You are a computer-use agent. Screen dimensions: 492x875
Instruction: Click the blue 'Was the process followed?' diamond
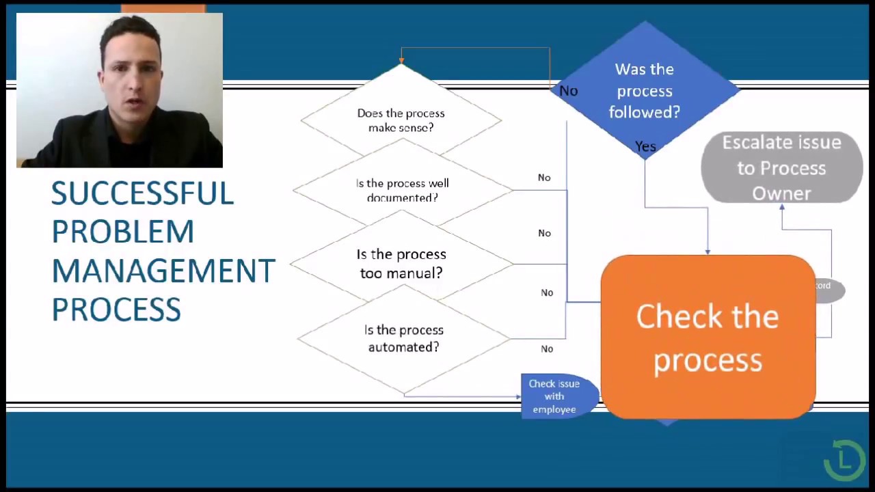click(644, 90)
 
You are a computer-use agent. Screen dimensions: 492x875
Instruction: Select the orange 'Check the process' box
click(708, 338)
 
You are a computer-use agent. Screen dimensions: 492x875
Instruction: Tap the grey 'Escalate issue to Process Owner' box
click(781, 168)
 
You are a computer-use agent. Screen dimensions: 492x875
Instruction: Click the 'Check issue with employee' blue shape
click(554, 396)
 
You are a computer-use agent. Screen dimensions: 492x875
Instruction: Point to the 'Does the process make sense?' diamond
click(401, 120)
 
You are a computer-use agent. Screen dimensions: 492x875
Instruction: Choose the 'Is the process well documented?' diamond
click(402, 190)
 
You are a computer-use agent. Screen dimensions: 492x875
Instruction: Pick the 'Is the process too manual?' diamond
click(401, 263)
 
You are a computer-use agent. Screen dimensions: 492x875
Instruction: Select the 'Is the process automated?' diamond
click(403, 338)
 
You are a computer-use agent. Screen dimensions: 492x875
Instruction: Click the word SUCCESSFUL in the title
click(142, 194)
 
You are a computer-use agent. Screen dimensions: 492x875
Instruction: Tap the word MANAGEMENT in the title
click(163, 271)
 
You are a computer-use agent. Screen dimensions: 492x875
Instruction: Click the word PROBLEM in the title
click(123, 232)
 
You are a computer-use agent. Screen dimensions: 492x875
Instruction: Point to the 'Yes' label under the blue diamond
click(645, 147)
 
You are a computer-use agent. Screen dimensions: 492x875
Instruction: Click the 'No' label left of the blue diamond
click(569, 91)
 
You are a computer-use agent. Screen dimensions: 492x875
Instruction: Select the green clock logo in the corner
click(844, 460)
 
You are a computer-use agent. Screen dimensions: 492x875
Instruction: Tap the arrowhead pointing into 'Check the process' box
click(708, 251)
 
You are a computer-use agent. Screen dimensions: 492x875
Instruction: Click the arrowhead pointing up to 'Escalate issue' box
click(782, 207)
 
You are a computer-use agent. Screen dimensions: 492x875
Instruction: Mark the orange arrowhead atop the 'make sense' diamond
click(401, 61)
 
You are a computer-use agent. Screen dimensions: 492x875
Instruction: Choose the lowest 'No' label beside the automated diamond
click(547, 349)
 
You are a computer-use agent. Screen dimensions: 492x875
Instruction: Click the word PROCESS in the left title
click(116, 310)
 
